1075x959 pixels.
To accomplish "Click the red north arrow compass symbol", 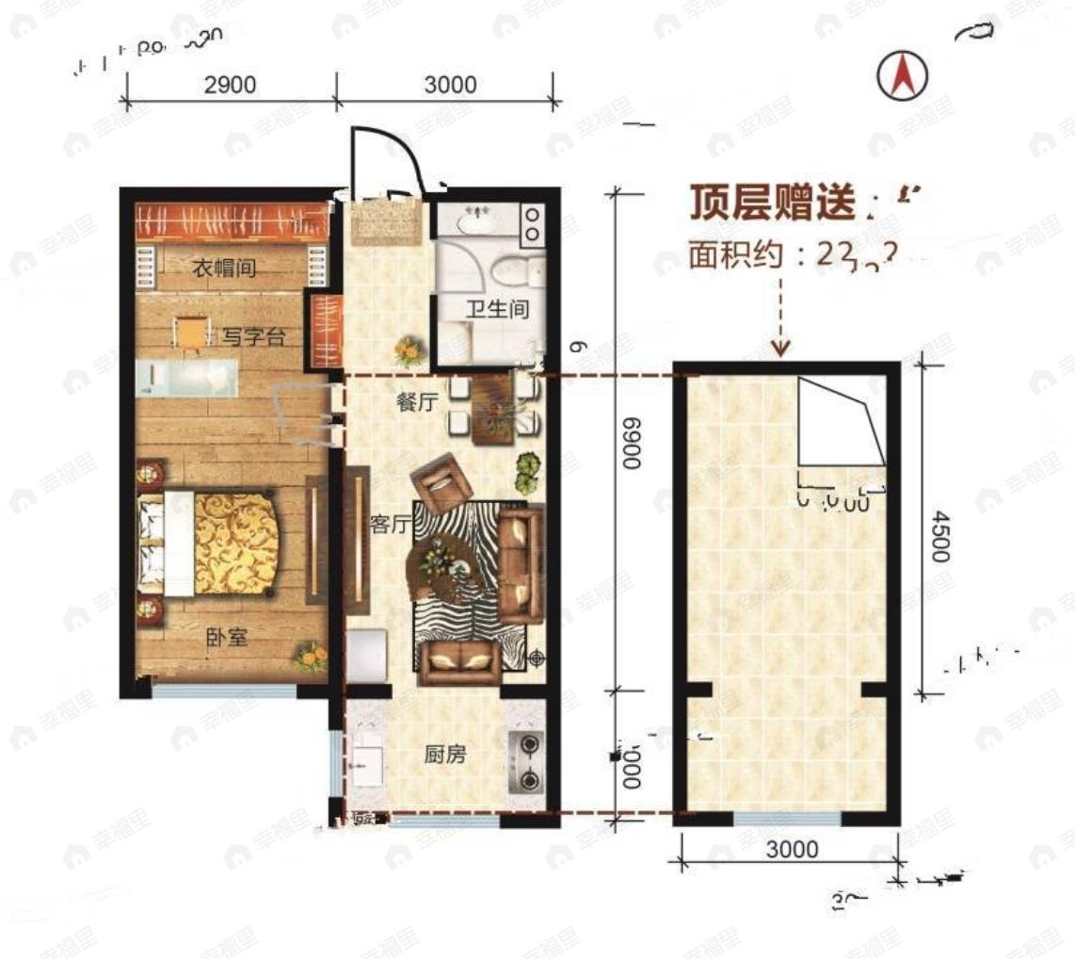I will coord(903,76).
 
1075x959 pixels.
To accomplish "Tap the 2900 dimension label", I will coord(231,85).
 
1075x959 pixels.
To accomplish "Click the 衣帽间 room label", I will coord(224,269).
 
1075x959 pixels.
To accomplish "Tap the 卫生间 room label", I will coord(499,308).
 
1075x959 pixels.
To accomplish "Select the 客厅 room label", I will coord(389,526).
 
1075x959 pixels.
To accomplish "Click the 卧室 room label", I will coord(226,638).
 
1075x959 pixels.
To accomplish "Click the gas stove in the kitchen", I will coord(526,761).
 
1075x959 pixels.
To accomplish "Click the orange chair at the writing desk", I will coord(191,333).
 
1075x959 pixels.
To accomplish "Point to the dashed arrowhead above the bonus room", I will coord(780,350).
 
